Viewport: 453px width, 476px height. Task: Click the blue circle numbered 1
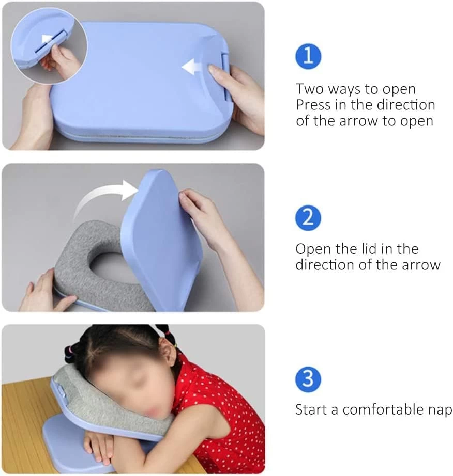[x=308, y=56]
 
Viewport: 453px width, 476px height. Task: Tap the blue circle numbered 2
[x=308, y=218]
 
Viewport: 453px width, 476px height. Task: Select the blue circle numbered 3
[x=308, y=379]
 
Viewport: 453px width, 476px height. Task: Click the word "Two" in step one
[x=311, y=89]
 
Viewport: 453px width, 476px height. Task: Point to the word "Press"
[x=313, y=105]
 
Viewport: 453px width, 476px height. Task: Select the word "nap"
[x=440, y=411]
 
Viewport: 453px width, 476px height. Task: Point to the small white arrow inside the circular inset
[x=47, y=39]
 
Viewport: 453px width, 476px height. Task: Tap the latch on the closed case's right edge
[x=226, y=77]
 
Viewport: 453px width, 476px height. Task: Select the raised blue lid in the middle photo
[x=161, y=240]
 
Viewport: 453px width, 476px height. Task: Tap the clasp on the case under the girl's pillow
[x=61, y=392]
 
